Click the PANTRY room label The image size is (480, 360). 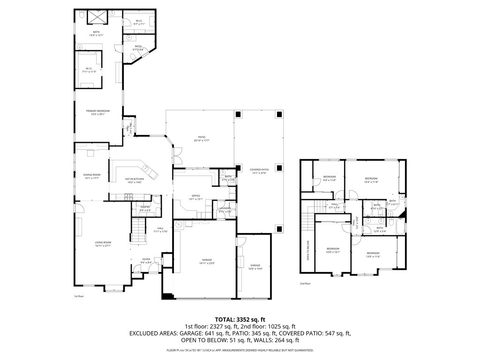tap(145, 209)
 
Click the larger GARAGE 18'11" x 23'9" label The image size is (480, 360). tap(207, 261)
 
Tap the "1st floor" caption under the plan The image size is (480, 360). tap(78, 296)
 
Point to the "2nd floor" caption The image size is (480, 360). tap(305, 283)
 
